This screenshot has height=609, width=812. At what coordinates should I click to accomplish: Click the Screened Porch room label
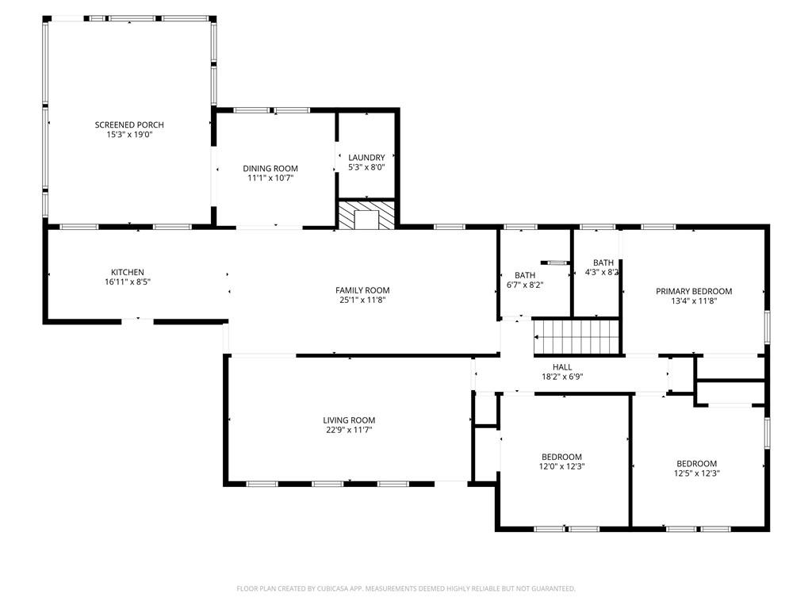pyautogui.click(x=129, y=124)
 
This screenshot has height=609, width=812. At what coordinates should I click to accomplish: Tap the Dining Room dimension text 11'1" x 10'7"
pyautogui.click(x=270, y=178)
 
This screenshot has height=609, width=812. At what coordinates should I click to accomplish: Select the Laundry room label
pyautogui.click(x=366, y=158)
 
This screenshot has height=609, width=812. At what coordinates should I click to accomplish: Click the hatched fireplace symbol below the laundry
pyautogui.click(x=366, y=216)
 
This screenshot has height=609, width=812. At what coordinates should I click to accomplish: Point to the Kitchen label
pyautogui.click(x=127, y=272)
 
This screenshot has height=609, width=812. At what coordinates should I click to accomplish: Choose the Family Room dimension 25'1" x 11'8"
pyautogui.click(x=362, y=301)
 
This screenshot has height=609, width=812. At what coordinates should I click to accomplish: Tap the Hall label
pyautogui.click(x=562, y=366)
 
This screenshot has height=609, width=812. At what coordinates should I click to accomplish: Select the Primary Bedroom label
pyautogui.click(x=694, y=291)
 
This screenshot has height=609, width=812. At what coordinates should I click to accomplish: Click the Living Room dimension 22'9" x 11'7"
pyautogui.click(x=349, y=430)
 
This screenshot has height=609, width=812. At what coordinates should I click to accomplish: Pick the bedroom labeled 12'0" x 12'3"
pyautogui.click(x=561, y=457)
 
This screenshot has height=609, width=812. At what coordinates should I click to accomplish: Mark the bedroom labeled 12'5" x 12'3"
pyautogui.click(x=696, y=464)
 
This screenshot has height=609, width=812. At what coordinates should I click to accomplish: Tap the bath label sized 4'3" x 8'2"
pyautogui.click(x=603, y=262)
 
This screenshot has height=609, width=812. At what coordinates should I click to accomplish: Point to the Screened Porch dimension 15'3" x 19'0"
pyautogui.click(x=129, y=135)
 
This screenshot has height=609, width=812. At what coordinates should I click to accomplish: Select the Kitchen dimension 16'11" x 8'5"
pyautogui.click(x=127, y=282)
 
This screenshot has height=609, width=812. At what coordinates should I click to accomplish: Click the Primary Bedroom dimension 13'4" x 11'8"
pyautogui.click(x=694, y=301)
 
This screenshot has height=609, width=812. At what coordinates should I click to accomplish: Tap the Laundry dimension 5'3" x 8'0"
pyautogui.click(x=366, y=167)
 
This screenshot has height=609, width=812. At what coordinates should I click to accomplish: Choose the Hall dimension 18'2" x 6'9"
pyautogui.click(x=562, y=377)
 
